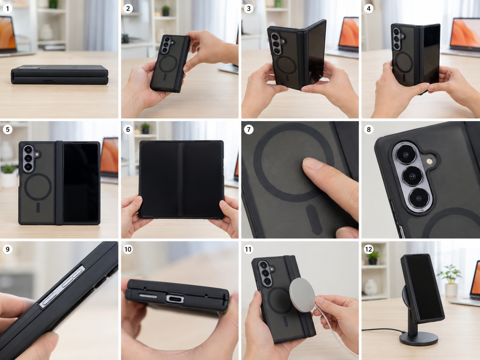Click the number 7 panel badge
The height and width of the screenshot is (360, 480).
pyautogui.click(x=249, y=130)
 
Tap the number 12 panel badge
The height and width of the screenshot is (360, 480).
pyautogui.click(x=369, y=249)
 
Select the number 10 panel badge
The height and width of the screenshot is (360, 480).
pyautogui.click(x=128, y=249)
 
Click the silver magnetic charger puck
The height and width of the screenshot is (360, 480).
pyautogui.click(x=302, y=295)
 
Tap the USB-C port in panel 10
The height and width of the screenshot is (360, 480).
pyautogui.click(x=175, y=298)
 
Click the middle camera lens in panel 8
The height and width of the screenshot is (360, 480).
pyautogui.click(x=412, y=176)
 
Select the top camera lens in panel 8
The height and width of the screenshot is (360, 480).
pyautogui.click(x=406, y=154)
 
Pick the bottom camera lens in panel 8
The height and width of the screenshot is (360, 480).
pyautogui.click(x=419, y=198)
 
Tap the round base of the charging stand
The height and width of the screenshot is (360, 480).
pyautogui.click(x=419, y=338)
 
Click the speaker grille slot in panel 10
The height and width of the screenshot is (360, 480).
pyautogui.click(x=148, y=296)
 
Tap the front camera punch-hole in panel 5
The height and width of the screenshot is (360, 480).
pyautogui.click(x=80, y=146)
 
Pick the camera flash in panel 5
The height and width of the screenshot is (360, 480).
pyautogui.click(x=37, y=154)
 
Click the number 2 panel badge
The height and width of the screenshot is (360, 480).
pyautogui.click(x=128, y=9)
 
